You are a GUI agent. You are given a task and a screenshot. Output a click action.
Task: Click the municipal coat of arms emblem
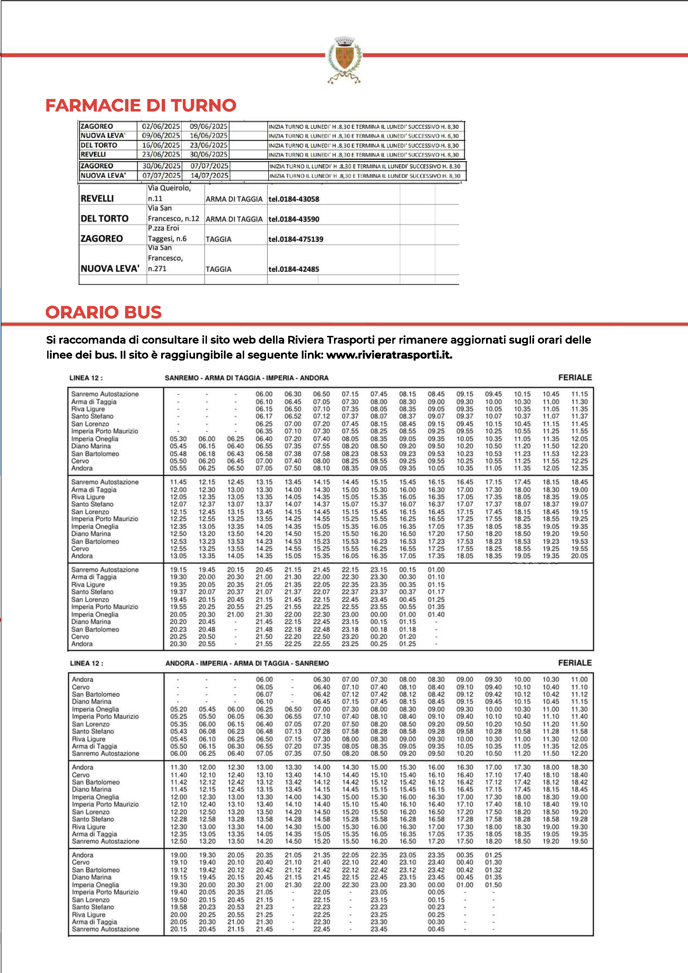pos(344,59)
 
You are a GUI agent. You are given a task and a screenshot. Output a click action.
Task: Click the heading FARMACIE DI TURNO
pos(141,105)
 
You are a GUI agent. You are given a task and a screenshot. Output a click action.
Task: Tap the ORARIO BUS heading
pos(103,312)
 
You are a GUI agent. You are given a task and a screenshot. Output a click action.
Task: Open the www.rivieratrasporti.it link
pos(389,355)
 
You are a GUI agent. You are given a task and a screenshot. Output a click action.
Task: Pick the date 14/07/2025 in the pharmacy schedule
pos(209,176)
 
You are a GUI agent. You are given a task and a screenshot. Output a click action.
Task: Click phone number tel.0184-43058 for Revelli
pos(294,199)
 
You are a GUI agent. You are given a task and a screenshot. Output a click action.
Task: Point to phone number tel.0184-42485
pos(294,269)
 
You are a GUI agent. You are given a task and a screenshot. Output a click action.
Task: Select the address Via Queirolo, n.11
pos(169,193)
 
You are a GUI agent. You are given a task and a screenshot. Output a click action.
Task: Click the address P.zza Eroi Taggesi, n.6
pos(167,234)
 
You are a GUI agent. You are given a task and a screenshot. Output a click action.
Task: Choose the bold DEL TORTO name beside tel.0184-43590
pos(104,219)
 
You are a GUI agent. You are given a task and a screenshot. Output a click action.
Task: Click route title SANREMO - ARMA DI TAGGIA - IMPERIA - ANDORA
pos(247,378)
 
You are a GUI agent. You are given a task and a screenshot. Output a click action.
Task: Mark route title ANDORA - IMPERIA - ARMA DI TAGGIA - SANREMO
pos(247,663)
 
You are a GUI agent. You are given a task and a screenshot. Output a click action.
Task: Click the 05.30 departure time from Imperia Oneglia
pos(178,439)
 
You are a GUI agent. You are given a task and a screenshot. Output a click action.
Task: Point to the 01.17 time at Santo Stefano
pos(436,592)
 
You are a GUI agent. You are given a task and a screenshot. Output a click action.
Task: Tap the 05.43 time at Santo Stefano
pos(178,731)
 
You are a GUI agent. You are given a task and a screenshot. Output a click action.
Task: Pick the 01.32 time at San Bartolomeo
pos(494,870)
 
